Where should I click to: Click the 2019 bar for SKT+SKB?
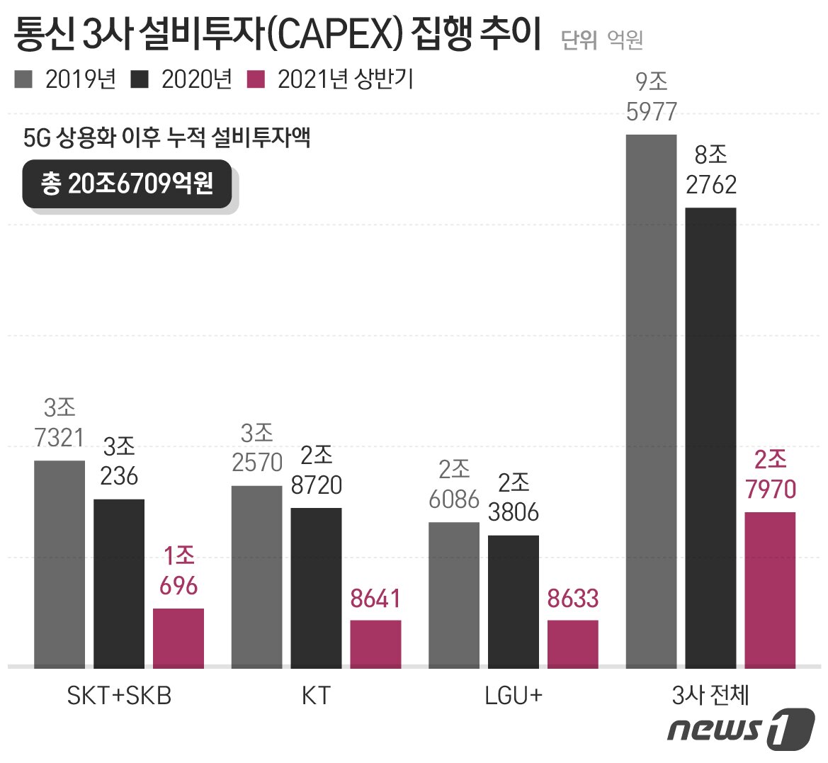(x=59, y=564)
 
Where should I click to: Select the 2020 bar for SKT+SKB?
(x=119, y=583)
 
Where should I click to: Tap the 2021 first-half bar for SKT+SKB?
(x=178, y=638)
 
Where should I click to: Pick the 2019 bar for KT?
(x=256, y=577)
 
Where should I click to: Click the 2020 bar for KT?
(x=316, y=587)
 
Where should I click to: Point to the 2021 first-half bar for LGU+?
(x=572, y=644)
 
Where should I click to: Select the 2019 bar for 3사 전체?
(x=652, y=400)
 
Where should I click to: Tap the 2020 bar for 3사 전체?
(x=710, y=437)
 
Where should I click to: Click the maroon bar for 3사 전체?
(x=770, y=589)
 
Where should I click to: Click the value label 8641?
(x=375, y=599)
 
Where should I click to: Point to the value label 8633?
(x=572, y=599)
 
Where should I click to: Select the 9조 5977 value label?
(x=652, y=97)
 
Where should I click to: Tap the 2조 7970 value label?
(x=770, y=475)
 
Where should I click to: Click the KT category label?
(x=316, y=696)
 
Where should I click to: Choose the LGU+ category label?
(x=514, y=696)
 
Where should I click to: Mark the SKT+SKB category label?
(x=119, y=696)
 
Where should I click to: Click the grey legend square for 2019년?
(x=23, y=79)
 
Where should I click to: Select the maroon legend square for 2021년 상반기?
(x=256, y=79)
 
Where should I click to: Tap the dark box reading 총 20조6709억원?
(x=127, y=184)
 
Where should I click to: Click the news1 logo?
(x=740, y=728)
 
